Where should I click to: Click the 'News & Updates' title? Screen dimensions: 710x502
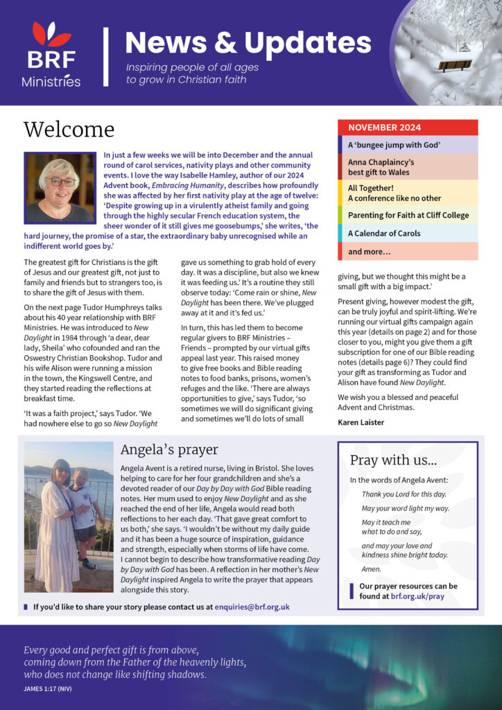[248, 43]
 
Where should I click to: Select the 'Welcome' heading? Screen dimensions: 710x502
[69, 130]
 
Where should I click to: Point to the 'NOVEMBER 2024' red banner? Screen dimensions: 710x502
[407, 128]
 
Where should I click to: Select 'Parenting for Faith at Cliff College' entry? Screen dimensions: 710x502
[407, 215]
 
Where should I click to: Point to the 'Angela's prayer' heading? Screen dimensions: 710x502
[169, 450]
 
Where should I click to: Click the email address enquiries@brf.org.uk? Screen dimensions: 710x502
[252, 607]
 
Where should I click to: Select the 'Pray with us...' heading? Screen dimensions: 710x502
[393, 460]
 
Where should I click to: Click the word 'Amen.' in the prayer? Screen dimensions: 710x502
[373, 569]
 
